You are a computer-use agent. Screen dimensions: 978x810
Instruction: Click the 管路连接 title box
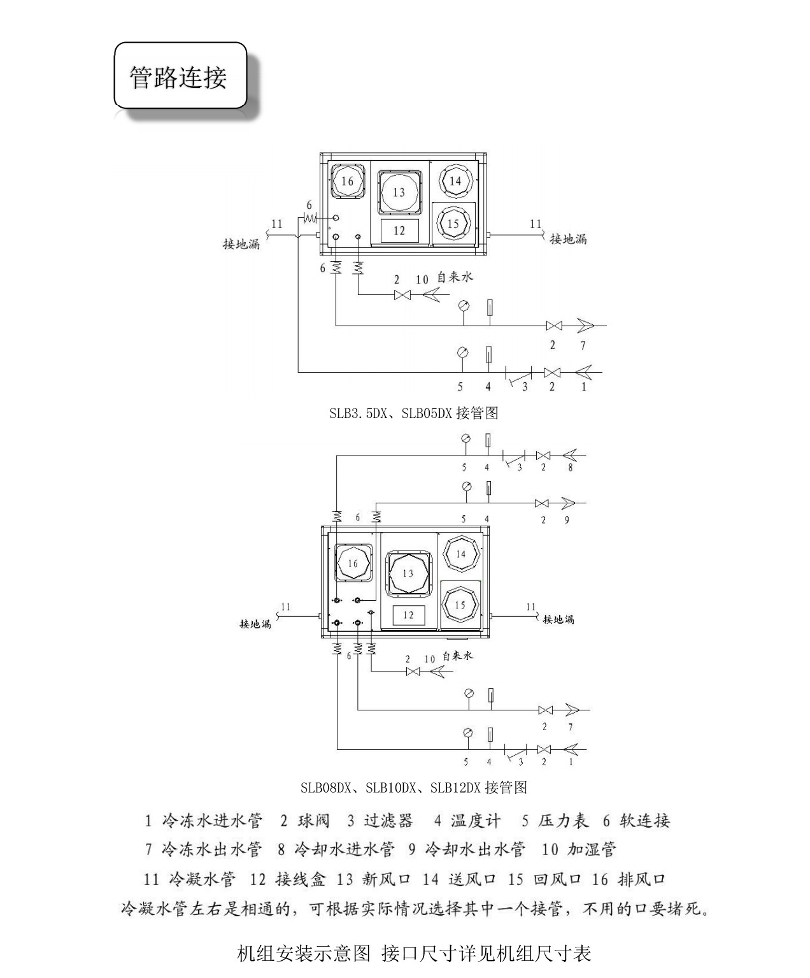[x=180, y=76]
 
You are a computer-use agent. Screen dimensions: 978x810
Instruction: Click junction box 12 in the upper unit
[x=399, y=230]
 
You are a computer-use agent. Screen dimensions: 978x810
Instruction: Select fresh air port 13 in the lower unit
[x=408, y=573]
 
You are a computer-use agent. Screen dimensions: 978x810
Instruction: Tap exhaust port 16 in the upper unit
[x=347, y=181]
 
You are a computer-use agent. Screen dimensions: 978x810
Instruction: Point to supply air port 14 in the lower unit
[x=460, y=554]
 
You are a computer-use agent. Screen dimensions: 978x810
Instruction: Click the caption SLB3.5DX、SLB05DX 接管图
[x=413, y=413]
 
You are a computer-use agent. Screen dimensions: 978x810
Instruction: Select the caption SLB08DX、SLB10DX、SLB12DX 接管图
[x=413, y=787]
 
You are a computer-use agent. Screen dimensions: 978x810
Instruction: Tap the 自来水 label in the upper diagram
[x=455, y=277]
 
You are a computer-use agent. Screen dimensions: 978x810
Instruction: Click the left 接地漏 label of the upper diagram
[x=241, y=244]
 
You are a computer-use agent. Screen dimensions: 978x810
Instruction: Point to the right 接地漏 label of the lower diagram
[x=558, y=619]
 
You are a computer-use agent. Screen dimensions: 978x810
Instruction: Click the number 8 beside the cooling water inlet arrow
[x=570, y=467]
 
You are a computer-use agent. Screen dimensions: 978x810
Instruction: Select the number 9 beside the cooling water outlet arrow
[x=567, y=519]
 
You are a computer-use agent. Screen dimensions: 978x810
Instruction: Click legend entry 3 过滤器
[x=380, y=821]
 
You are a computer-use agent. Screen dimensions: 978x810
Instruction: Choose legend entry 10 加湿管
[x=579, y=849]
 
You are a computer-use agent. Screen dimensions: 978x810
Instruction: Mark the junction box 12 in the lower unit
[x=408, y=615]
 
